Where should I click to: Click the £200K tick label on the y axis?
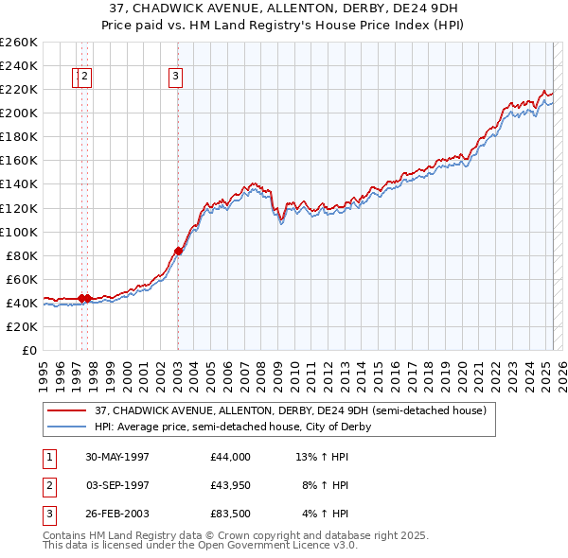pos(18,113)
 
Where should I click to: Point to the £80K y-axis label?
pos(21,255)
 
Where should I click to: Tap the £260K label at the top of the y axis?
pos(18,42)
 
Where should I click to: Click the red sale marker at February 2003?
pos(178,251)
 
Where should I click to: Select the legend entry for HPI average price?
pos(232,427)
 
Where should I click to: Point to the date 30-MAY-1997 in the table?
pos(117,457)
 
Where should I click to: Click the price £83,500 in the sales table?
pos(231,514)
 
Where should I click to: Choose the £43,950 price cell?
pos(231,485)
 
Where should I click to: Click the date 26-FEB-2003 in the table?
pos(117,514)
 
